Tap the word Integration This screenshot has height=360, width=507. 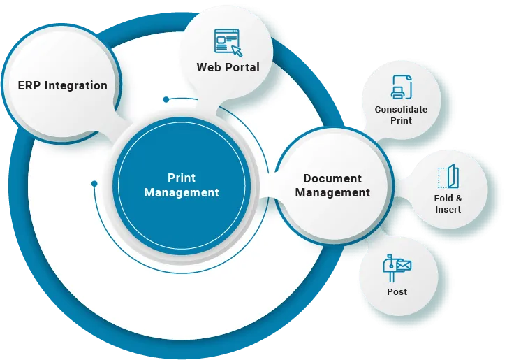click(76, 86)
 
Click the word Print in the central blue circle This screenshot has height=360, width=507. click(182, 178)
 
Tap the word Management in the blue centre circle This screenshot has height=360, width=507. click(182, 192)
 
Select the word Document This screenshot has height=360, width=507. click(332, 178)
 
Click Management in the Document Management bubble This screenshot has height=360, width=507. click(332, 192)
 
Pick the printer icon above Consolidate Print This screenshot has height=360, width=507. click(401, 87)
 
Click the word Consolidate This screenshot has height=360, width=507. click(401, 110)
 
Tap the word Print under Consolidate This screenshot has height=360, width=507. click(401, 120)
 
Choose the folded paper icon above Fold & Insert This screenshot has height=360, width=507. click(447, 177)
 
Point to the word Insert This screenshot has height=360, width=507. click(448, 210)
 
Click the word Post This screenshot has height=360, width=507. click(397, 291)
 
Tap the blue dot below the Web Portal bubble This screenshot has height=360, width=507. click(166, 99)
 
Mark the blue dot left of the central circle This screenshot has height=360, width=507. click(94, 184)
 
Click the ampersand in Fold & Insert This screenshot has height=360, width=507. click(458, 199)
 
